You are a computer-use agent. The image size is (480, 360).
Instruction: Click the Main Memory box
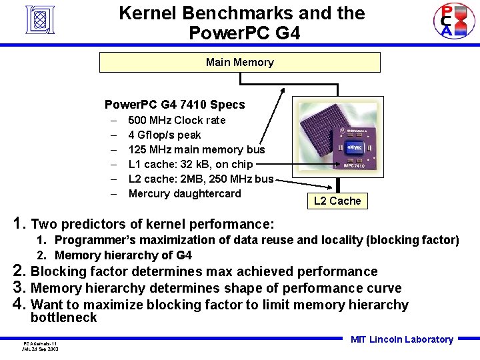(x=239, y=62)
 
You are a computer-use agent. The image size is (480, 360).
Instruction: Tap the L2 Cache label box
(x=337, y=201)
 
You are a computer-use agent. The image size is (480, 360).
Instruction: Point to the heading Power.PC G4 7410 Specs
(x=175, y=105)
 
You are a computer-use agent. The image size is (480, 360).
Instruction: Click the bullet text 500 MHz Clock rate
(x=177, y=121)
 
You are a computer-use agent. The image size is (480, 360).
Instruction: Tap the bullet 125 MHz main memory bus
(x=196, y=150)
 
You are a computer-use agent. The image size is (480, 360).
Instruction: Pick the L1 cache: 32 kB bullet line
(x=190, y=165)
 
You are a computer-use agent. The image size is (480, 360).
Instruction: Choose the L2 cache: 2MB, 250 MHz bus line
(x=201, y=179)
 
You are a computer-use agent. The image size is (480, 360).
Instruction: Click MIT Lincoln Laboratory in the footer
(x=401, y=339)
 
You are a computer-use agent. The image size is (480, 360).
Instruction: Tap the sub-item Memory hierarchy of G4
(x=123, y=255)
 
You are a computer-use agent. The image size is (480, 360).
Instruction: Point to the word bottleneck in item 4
(x=63, y=318)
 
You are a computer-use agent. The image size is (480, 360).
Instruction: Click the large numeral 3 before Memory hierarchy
(x=19, y=288)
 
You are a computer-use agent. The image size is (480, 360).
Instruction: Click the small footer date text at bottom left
(x=39, y=348)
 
